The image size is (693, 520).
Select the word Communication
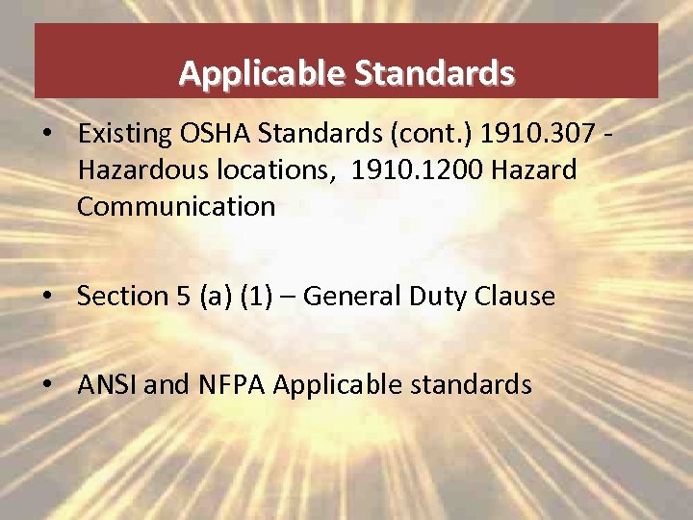(176, 206)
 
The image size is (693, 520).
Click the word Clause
(516, 296)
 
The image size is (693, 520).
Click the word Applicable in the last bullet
(324, 385)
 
